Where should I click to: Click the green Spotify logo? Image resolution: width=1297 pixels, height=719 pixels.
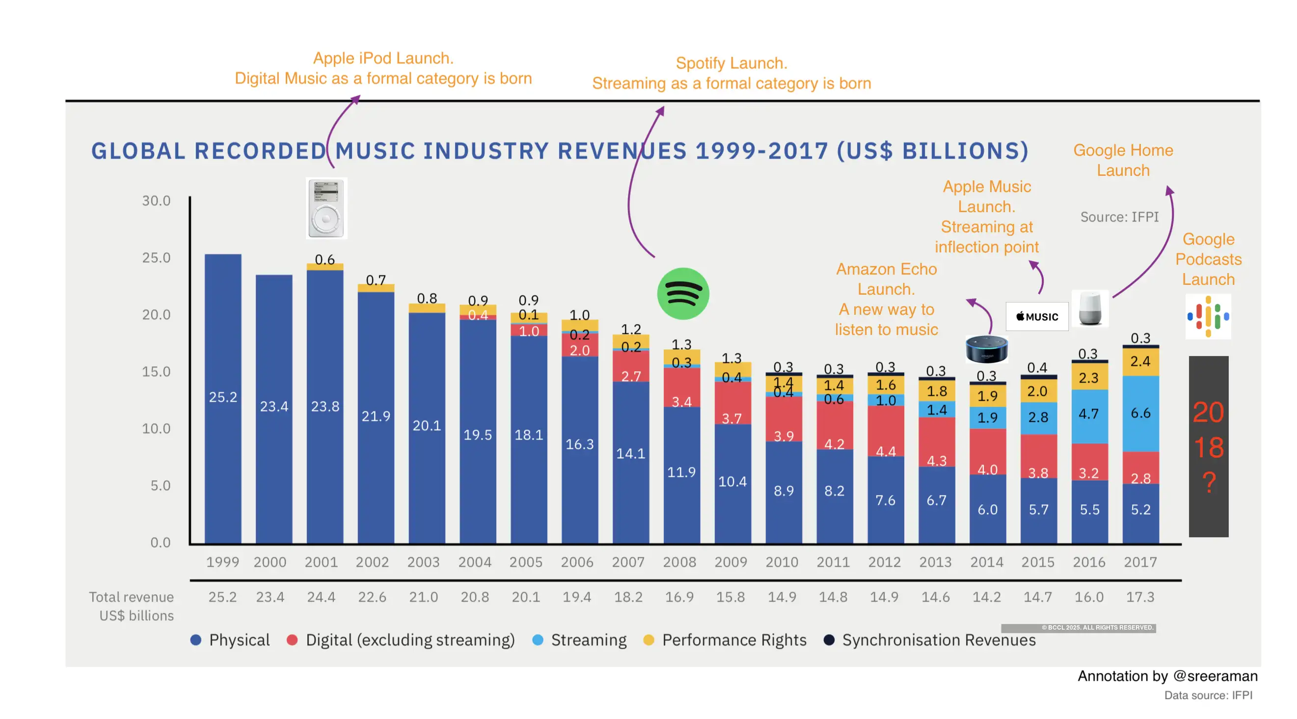683,294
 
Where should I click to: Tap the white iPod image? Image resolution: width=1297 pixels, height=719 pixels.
326,208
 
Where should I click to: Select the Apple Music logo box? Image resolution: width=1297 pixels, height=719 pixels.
1037,316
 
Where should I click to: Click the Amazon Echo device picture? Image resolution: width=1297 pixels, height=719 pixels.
986,349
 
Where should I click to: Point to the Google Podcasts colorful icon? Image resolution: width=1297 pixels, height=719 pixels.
1207,316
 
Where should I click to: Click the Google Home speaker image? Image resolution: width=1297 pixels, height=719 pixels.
1090,308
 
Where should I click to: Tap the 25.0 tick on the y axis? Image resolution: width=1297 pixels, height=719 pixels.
156,258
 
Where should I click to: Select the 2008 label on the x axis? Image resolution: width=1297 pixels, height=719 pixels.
679,562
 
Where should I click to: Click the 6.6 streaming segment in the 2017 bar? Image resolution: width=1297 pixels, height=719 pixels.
1140,413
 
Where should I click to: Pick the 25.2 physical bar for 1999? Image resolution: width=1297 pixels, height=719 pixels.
223,398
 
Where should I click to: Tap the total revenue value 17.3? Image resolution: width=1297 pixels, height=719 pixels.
1140,597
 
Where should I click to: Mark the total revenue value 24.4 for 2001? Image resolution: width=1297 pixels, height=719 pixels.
321,597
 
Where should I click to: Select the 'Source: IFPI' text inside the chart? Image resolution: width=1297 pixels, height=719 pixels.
1119,217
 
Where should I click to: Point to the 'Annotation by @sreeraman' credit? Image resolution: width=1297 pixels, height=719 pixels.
1167,676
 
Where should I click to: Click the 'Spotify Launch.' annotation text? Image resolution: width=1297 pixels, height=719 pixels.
731,63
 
